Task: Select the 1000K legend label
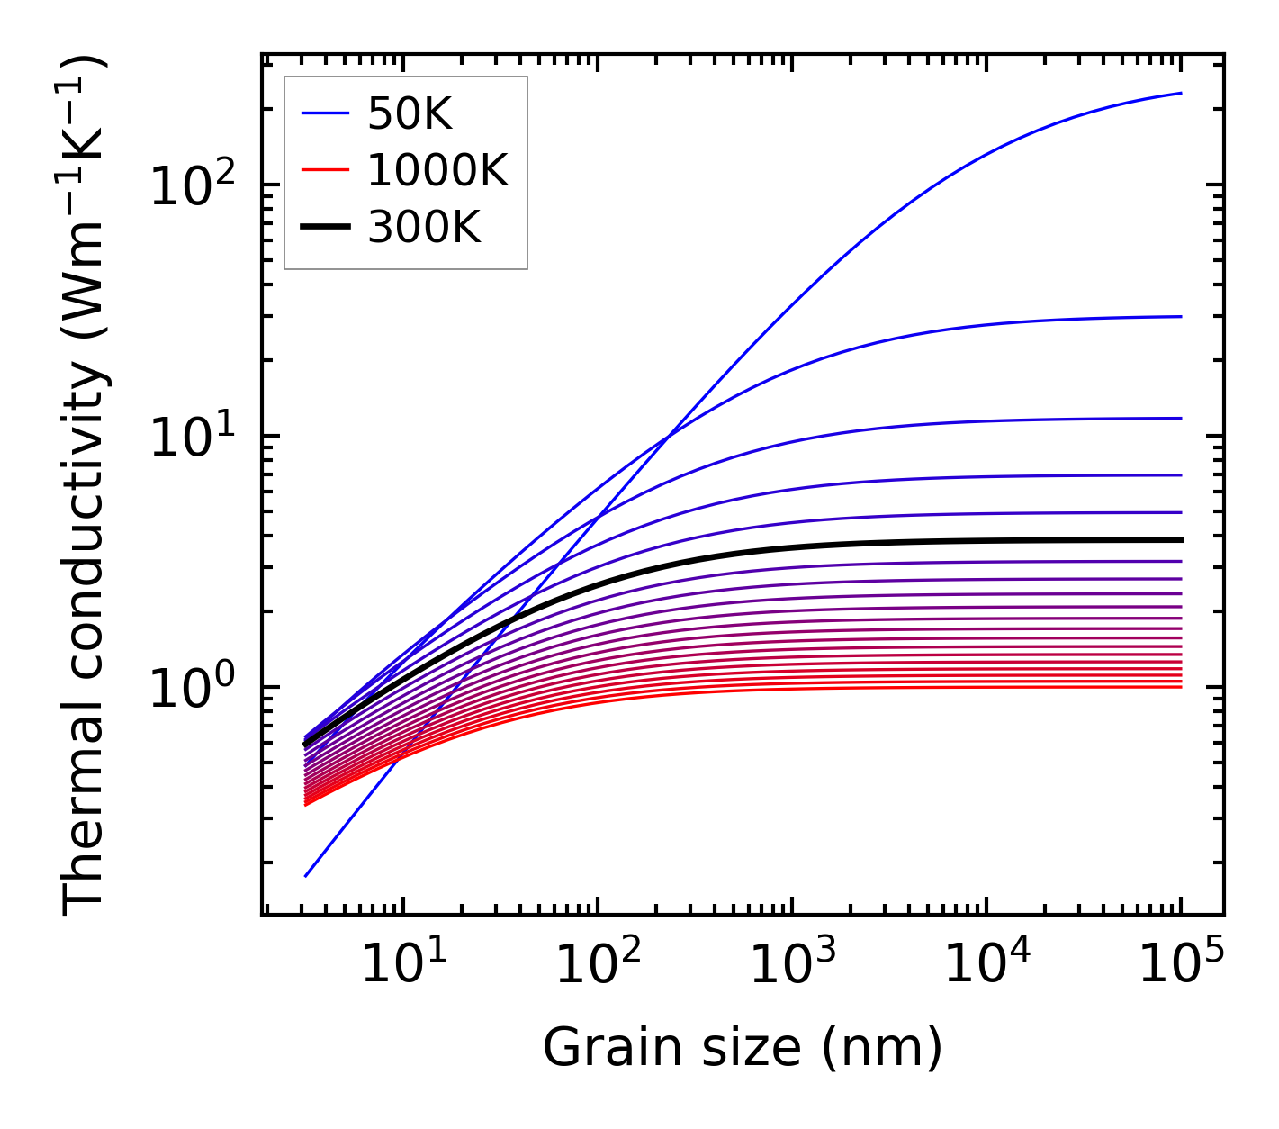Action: pos(437,170)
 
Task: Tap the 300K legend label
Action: pos(424,228)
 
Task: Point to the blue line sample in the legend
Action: pos(324,113)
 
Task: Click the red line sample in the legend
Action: pos(324,170)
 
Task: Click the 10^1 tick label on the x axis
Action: pos(402,963)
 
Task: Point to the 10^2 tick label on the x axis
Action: pos(597,963)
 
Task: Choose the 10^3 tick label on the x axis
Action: pos(791,963)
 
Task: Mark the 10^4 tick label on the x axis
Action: pos(986,963)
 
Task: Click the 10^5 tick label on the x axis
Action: pos(1180,963)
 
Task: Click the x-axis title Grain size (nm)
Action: pos(743,1048)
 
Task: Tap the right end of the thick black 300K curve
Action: pos(1180,540)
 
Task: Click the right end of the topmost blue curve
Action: pos(1180,93)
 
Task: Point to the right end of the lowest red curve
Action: pos(1180,687)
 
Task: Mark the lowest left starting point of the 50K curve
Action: pos(306,875)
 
